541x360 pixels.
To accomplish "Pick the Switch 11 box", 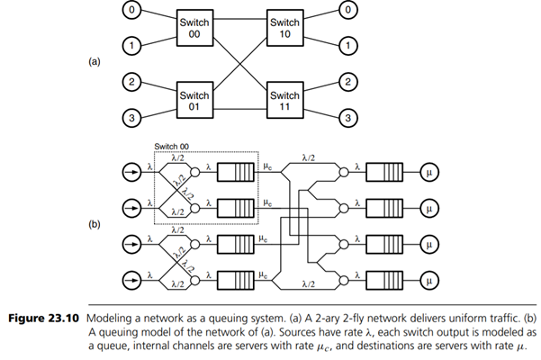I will (x=285, y=100).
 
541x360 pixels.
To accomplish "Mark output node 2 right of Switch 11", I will (x=347, y=83).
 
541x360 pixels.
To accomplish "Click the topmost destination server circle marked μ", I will (x=427, y=167).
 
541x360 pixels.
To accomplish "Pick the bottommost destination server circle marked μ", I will (x=427, y=275).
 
